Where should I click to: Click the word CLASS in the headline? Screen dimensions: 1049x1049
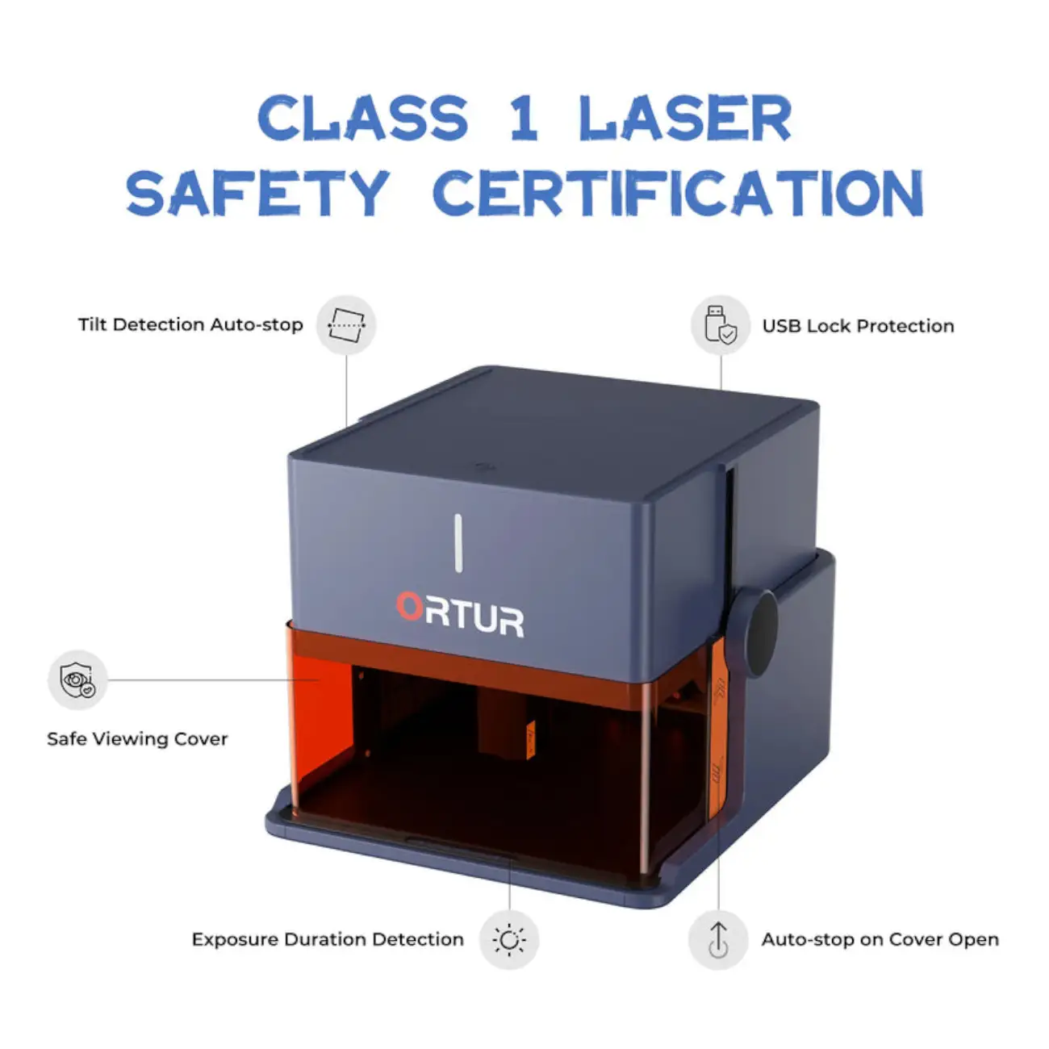[x=362, y=118]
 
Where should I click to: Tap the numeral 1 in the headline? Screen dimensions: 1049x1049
[x=524, y=118]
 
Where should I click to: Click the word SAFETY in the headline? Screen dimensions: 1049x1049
[x=258, y=192]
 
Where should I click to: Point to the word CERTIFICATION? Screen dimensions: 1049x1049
[x=679, y=192]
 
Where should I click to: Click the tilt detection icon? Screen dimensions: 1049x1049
[x=346, y=325]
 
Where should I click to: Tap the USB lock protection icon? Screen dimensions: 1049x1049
[x=721, y=325]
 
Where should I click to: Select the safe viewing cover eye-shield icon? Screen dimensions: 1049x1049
[x=77, y=680]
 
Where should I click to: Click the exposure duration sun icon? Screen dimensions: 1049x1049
[x=509, y=939]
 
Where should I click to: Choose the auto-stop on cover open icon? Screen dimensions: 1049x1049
[x=719, y=939]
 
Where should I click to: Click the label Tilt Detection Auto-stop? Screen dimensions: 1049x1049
[x=190, y=324]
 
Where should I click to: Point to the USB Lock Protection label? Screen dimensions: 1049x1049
[x=858, y=325]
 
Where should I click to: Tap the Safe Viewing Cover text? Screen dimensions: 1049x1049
[x=137, y=738]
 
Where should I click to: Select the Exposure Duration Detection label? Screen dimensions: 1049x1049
[x=328, y=939]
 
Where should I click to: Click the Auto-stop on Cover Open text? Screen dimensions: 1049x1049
[x=880, y=939]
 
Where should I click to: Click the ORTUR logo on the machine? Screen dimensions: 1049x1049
[x=460, y=614]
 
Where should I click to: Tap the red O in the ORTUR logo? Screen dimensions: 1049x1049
[x=409, y=606]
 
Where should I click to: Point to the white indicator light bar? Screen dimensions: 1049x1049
[x=458, y=543]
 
